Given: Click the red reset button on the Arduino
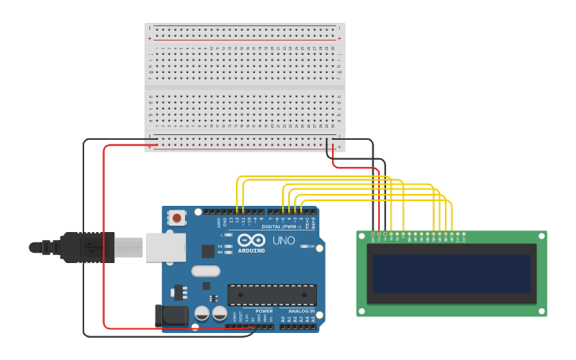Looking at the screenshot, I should tap(177, 217).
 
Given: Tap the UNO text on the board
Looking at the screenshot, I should tap(284, 241).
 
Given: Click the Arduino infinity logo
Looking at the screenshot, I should tap(251, 240).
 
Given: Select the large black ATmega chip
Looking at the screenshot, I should tap(272, 295).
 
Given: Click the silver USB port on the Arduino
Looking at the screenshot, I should tap(165, 247).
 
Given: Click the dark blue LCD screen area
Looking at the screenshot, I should tap(451, 273).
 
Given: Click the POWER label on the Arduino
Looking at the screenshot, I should tap(265, 311).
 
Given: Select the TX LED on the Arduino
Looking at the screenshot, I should tap(227, 246).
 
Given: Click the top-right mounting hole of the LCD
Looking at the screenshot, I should tap(542, 236).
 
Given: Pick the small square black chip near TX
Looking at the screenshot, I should tap(208, 251).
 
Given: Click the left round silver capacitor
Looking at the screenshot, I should tap(202, 314).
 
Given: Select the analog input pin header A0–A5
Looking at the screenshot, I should tap(299, 326).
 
